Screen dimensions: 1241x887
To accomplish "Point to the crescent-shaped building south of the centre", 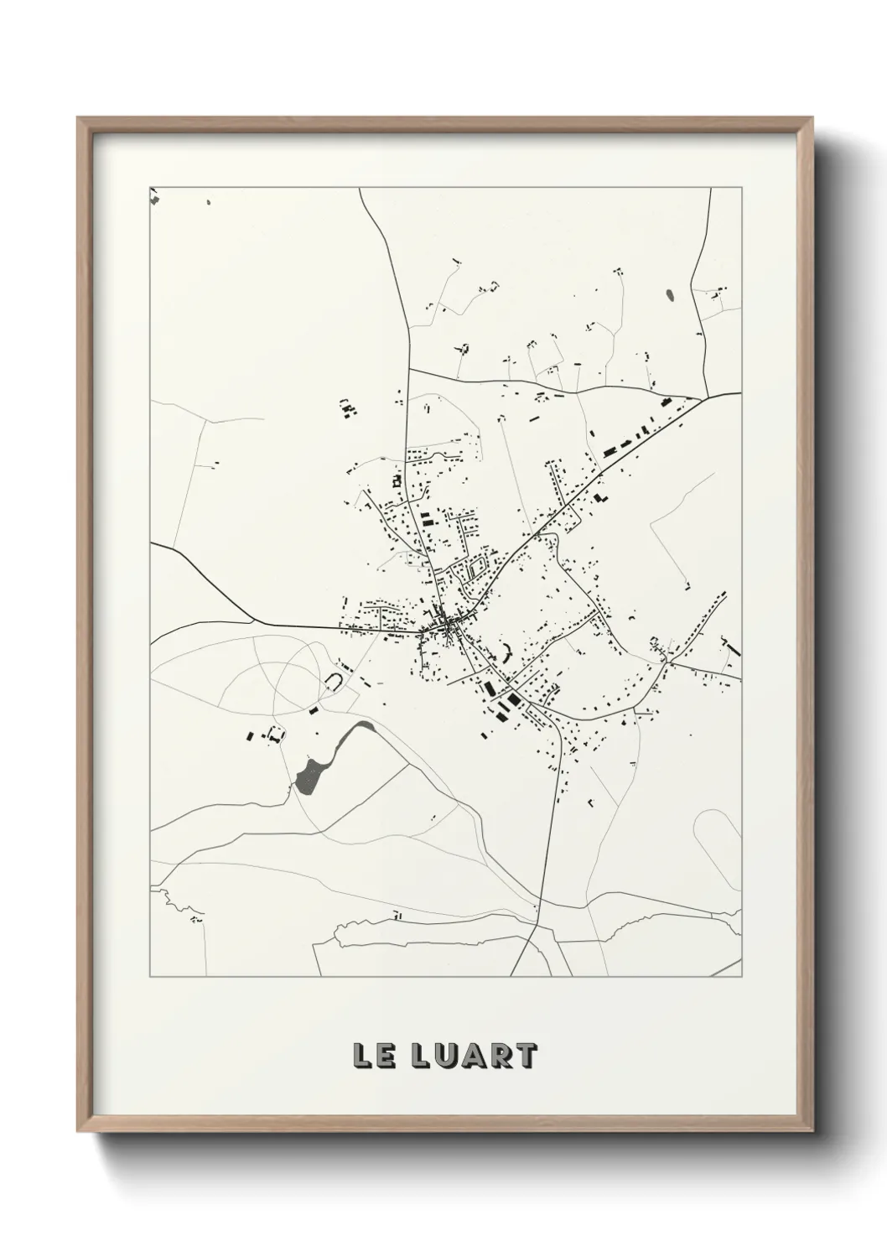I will (507, 649).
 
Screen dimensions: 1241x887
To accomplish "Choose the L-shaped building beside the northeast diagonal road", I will (599, 497).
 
